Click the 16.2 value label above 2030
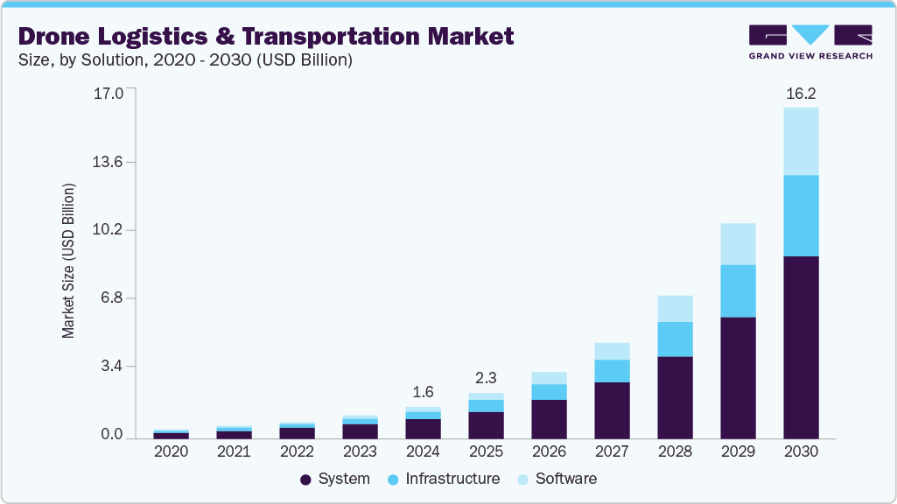pyautogui.click(x=801, y=94)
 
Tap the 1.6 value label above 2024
pyautogui.click(x=423, y=392)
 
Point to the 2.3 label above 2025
pyautogui.click(x=486, y=378)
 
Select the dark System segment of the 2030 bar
pyautogui.click(x=801, y=346)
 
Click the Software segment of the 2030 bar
pyautogui.click(x=801, y=141)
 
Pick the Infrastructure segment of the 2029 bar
pyautogui.click(x=738, y=290)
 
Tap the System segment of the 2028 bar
pyautogui.click(x=675, y=397)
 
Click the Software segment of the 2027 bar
pyautogui.click(x=612, y=351)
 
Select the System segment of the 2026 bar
pyautogui.click(x=549, y=418)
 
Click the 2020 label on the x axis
pyautogui.click(x=171, y=451)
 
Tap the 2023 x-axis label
pyautogui.click(x=360, y=451)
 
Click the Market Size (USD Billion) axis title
pyautogui.click(x=68, y=261)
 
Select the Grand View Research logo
pyautogui.click(x=810, y=42)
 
